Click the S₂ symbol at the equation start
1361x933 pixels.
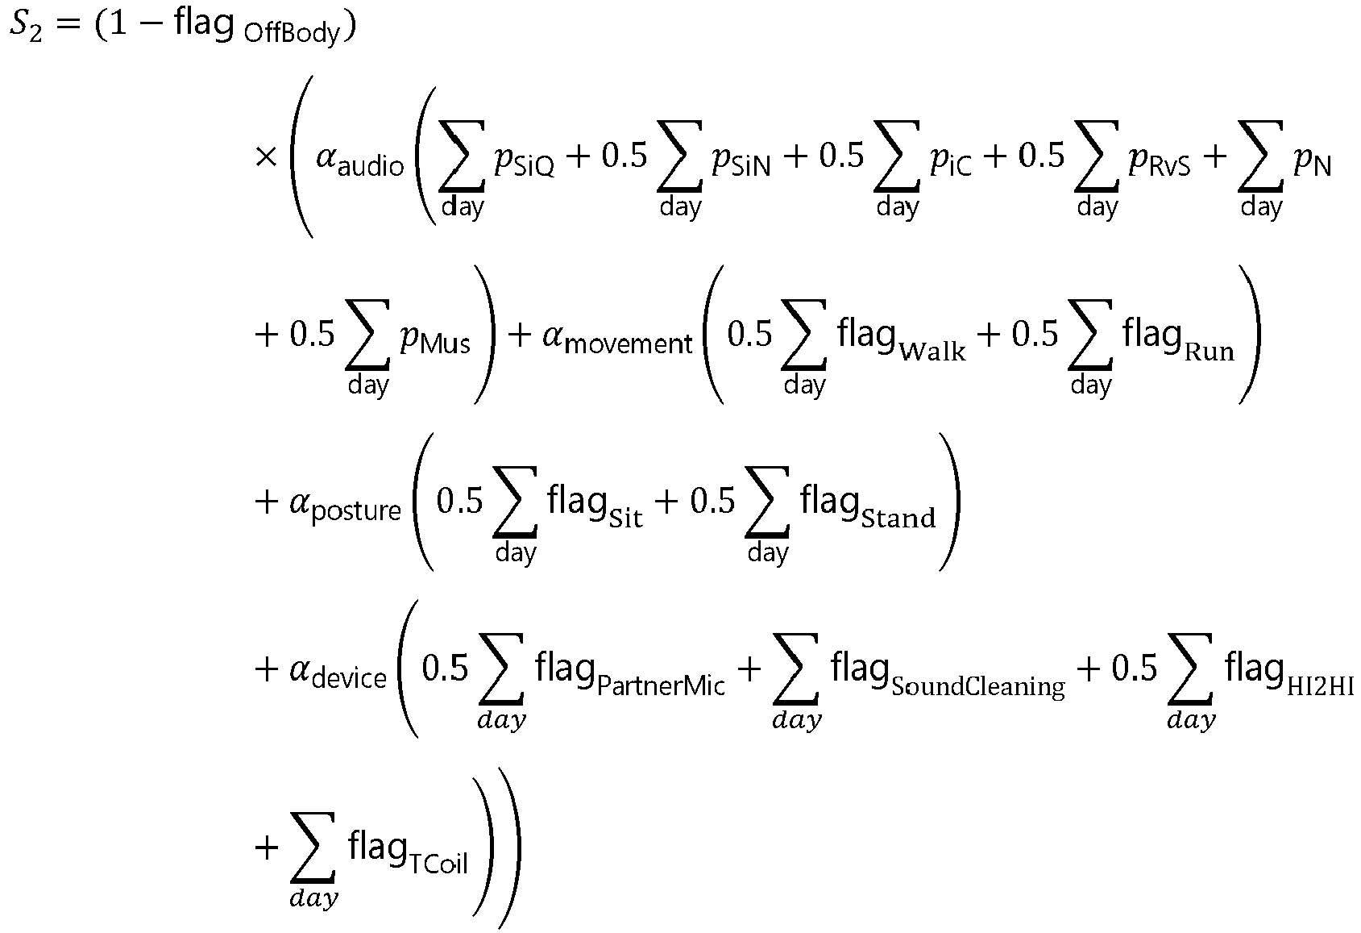pos(26,27)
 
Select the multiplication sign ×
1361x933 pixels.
pos(266,157)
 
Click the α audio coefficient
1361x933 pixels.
pos(359,162)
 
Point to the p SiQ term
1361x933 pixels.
pos(525,161)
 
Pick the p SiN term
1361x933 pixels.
pos(741,161)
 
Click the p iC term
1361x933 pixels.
pos(951,161)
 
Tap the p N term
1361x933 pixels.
pos(1313,161)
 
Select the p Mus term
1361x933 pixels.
pos(435,339)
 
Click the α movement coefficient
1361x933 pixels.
pos(617,339)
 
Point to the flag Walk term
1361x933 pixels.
pos(901,338)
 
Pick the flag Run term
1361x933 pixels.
pos(1178,338)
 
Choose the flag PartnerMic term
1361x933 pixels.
pos(629,673)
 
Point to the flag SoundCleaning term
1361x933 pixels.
pos(948,673)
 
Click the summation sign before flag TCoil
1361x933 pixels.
pos(313,848)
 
